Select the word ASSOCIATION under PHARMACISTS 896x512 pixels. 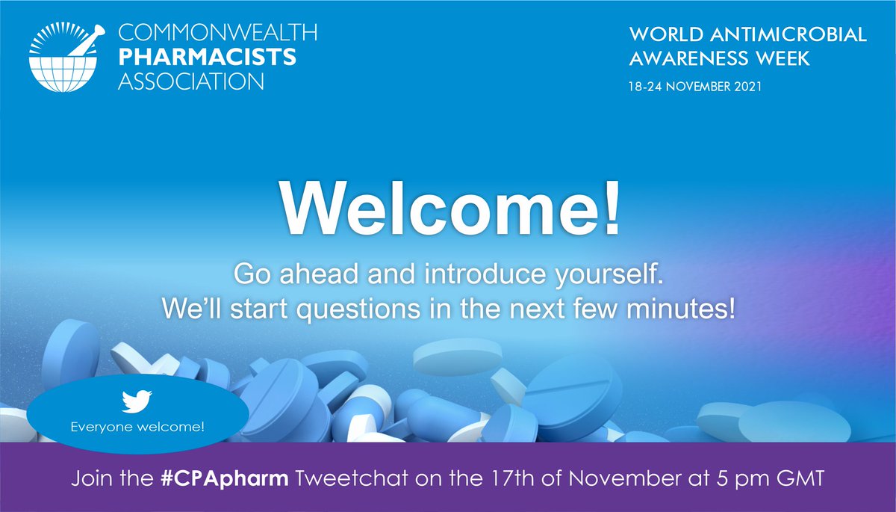(191, 81)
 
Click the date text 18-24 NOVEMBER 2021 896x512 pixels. (694, 87)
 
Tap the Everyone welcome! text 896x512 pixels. (137, 428)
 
